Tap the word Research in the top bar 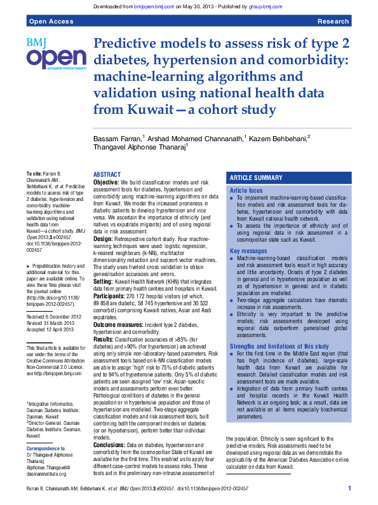(x=333, y=22)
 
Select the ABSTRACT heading (x=107, y=174)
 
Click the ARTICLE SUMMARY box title (x=256, y=178)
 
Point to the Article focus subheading (x=246, y=190)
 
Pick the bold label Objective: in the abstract (x=106, y=183)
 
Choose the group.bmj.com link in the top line (x=266, y=6)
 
